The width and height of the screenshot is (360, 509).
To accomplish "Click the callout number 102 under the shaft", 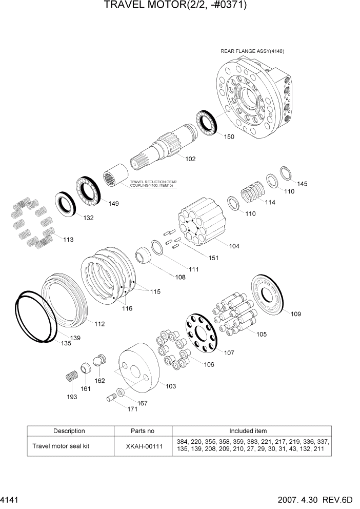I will pyautogui.click(x=190, y=159).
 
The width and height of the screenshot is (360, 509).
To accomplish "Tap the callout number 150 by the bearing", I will pyautogui.click(x=229, y=137).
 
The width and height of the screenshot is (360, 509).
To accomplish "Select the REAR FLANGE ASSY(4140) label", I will pyautogui.click(x=252, y=51).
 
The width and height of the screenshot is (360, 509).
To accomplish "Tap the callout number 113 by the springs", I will pyautogui.click(x=67, y=239).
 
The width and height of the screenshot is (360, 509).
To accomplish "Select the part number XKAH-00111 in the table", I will pyautogui.click(x=144, y=446).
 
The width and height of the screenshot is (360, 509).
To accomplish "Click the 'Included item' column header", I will pyautogui.click(x=251, y=431).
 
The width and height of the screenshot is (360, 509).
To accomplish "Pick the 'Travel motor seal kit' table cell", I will pyautogui.click(x=61, y=446).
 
